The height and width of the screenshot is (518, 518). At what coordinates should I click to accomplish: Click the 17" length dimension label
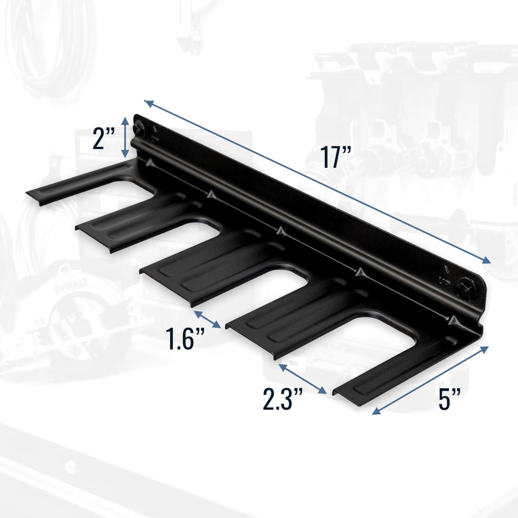[x=335, y=157]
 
